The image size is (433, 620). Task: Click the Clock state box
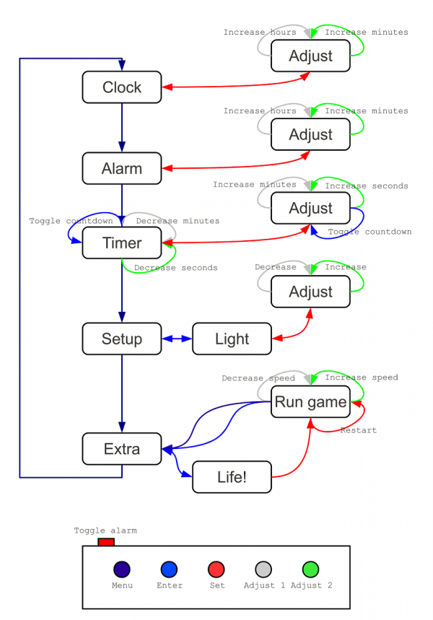click(121, 87)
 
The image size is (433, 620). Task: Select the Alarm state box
click(121, 168)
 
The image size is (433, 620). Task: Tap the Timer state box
click(121, 243)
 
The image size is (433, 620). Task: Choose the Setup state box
click(121, 339)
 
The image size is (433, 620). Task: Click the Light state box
click(232, 339)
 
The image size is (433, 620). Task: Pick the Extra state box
click(121, 449)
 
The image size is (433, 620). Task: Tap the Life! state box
click(232, 477)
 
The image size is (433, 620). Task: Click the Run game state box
click(310, 402)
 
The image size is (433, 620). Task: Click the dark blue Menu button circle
click(122, 569)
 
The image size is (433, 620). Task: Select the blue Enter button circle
click(169, 569)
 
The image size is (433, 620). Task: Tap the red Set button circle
click(216, 569)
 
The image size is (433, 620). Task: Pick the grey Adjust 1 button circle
click(263, 569)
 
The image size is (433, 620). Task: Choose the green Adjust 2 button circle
click(311, 569)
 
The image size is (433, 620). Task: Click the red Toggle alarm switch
click(106, 541)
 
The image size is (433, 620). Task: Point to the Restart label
click(359, 430)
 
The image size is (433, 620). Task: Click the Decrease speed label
click(258, 378)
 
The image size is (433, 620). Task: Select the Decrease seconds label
click(175, 268)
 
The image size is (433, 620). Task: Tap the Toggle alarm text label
click(105, 531)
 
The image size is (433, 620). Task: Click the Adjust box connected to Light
click(310, 292)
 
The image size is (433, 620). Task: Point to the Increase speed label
click(361, 377)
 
